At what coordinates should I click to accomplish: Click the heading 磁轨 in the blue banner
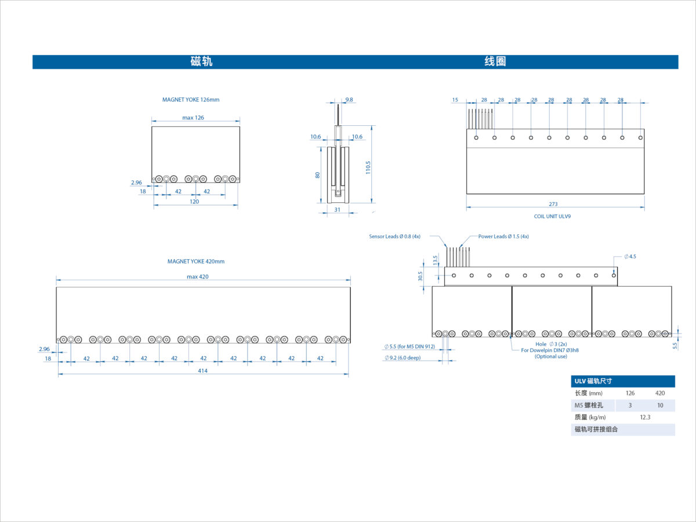(x=201, y=61)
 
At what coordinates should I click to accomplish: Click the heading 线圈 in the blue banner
(x=495, y=61)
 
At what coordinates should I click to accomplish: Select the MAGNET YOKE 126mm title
(x=191, y=100)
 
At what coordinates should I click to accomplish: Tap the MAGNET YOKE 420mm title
(x=195, y=262)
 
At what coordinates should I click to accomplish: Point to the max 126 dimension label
(x=193, y=118)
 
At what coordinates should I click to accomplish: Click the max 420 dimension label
(x=198, y=277)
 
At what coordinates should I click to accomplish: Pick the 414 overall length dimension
(x=202, y=371)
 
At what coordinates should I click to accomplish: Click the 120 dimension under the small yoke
(x=194, y=202)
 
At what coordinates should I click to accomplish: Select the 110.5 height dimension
(x=368, y=168)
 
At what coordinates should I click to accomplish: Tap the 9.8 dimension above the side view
(x=349, y=100)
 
